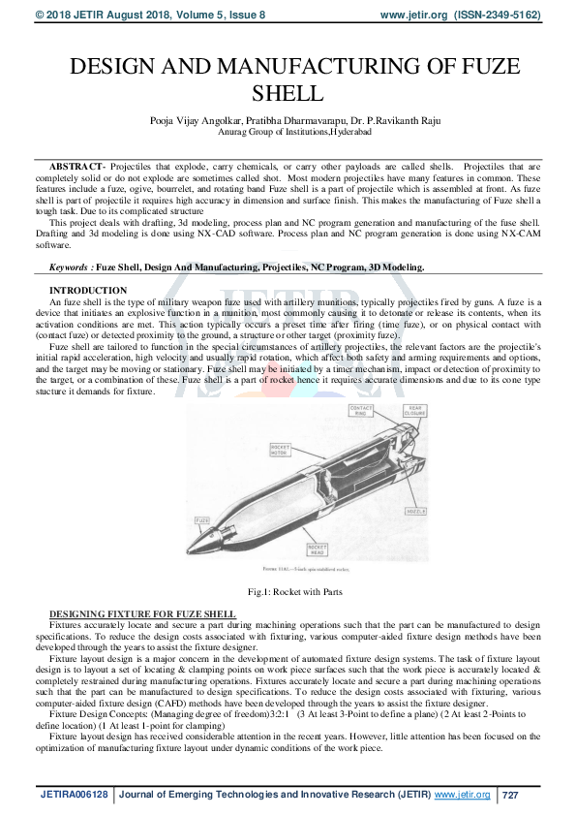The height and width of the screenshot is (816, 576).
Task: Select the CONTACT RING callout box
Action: pyautogui.click(x=361, y=411)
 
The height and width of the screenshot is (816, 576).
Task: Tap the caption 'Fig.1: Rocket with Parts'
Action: pyautogui.click(x=288, y=591)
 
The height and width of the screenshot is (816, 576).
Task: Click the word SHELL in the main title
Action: pyautogui.click(x=288, y=94)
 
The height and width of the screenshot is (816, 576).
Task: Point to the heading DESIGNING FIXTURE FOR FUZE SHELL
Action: pyautogui.click(x=142, y=614)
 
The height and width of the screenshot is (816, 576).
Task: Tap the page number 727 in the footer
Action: pyautogui.click(x=512, y=795)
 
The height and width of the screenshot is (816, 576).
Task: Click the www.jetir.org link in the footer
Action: pyautogui.click(x=462, y=795)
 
